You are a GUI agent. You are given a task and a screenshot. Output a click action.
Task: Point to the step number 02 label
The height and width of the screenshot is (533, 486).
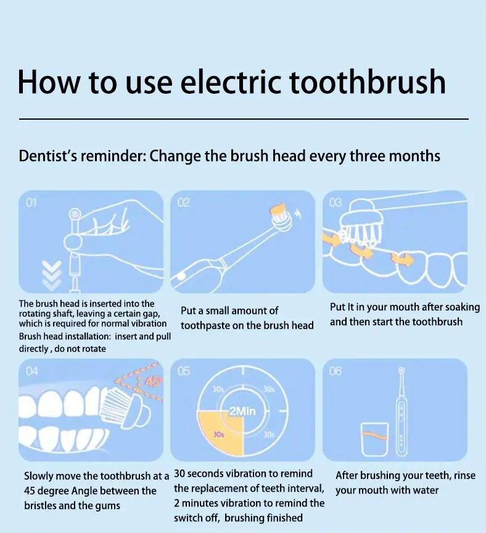coord(184,202)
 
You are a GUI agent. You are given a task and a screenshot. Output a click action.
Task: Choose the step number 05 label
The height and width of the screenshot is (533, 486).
coord(184,371)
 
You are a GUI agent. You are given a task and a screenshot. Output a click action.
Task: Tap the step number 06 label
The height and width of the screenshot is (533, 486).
coord(336,371)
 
